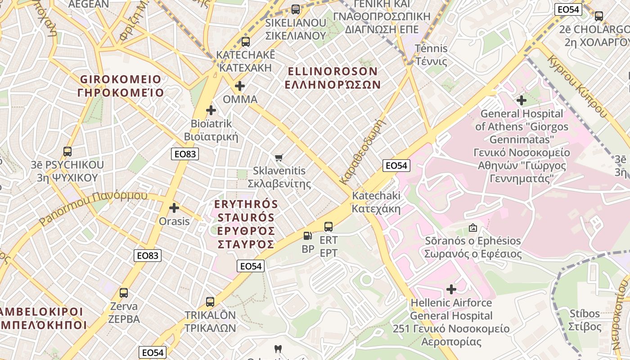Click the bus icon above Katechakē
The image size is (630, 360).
[245, 42]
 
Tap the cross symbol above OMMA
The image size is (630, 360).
[240, 85]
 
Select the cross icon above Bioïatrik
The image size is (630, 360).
[211, 110]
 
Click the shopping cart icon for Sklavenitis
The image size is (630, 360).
[279, 157]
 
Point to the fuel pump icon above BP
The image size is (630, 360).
[308, 235]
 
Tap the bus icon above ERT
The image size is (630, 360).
[328, 226]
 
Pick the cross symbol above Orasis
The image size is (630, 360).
[174, 208]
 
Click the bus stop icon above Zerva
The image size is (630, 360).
[124, 293]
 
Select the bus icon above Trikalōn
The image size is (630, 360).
[210, 301]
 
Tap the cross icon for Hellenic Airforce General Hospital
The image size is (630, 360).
[451, 289]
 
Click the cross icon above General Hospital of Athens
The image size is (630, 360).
[522, 100]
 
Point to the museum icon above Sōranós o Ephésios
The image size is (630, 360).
[472, 228]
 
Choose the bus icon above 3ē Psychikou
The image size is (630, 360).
[67, 152]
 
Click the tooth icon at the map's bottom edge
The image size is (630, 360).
[278, 349]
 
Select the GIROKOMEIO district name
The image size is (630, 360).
[121, 86]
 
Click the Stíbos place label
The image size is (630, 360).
[585, 320]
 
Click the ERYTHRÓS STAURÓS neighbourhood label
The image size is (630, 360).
[246, 224]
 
